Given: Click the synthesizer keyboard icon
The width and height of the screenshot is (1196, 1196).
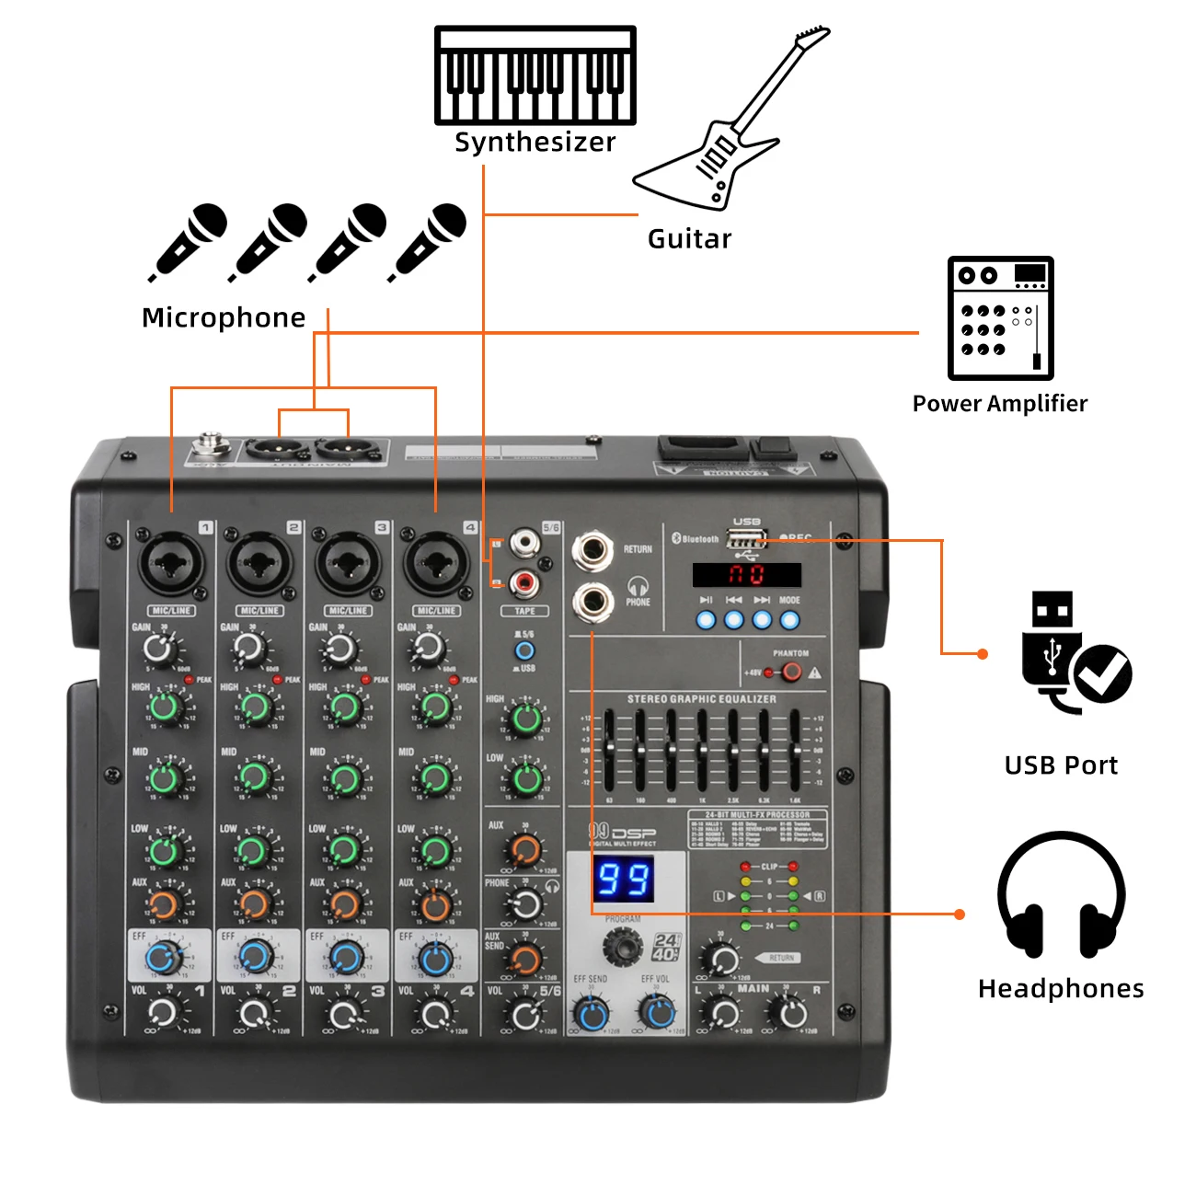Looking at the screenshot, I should (x=535, y=76).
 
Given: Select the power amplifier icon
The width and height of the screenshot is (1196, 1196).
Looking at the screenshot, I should (x=1000, y=318).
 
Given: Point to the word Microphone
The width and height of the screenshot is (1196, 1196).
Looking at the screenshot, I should (x=224, y=317).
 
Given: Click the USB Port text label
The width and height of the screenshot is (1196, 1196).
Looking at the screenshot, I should (x=1061, y=765).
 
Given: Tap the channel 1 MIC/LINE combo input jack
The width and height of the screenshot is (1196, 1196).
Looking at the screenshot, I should (x=171, y=563).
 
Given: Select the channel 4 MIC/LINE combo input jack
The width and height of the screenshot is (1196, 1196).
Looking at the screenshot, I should (x=436, y=563).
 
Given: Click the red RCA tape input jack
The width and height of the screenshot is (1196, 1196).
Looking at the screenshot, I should (x=523, y=581).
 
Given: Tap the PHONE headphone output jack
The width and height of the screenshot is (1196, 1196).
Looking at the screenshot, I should (x=592, y=602).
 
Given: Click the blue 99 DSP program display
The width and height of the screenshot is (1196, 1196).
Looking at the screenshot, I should (x=625, y=879).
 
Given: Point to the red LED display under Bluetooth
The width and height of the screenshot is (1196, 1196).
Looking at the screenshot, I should (x=746, y=575).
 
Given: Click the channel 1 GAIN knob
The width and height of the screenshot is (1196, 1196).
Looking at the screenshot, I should (x=159, y=650).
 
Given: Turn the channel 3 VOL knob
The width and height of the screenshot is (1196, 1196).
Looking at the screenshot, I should (x=343, y=1015).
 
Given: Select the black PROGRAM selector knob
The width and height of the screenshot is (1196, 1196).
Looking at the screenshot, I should (x=622, y=946).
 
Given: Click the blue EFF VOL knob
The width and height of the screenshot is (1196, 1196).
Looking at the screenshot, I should (x=657, y=1013).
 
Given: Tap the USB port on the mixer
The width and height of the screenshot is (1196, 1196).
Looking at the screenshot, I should (x=746, y=540).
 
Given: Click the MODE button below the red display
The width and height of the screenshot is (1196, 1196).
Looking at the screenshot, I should (x=789, y=619).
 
